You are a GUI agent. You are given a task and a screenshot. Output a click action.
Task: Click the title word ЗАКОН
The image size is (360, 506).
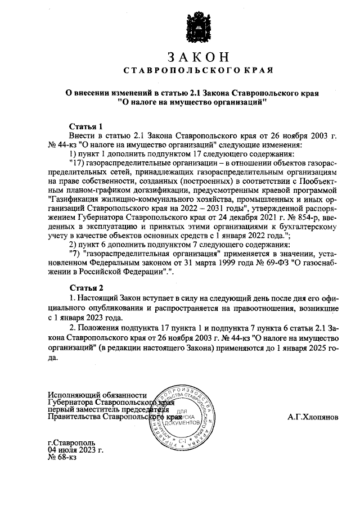pos(198,57)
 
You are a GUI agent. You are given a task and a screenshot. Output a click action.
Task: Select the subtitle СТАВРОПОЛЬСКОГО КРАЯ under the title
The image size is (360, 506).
pos(198,71)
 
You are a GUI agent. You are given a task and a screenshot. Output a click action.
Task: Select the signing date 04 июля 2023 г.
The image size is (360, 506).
pos(76,450)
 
